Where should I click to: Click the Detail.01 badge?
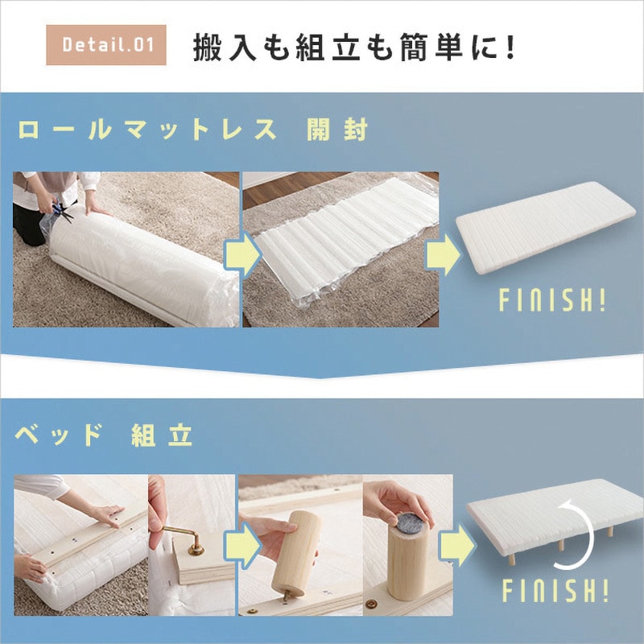(x=106, y=45)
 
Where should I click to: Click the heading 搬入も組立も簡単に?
(x=353, y=47)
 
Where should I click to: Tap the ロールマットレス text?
(x=147, y=130)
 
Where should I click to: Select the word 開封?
(x=337, y=130)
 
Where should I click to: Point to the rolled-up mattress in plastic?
(x=139, y=266)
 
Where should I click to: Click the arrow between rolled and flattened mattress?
(x=242, y=254)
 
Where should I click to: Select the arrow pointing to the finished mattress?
(x=443, y=254)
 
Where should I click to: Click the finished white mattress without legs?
(x=546, y=228)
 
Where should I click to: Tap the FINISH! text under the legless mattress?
(x=552, y=299)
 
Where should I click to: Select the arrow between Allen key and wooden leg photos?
(x=242, y=546)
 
